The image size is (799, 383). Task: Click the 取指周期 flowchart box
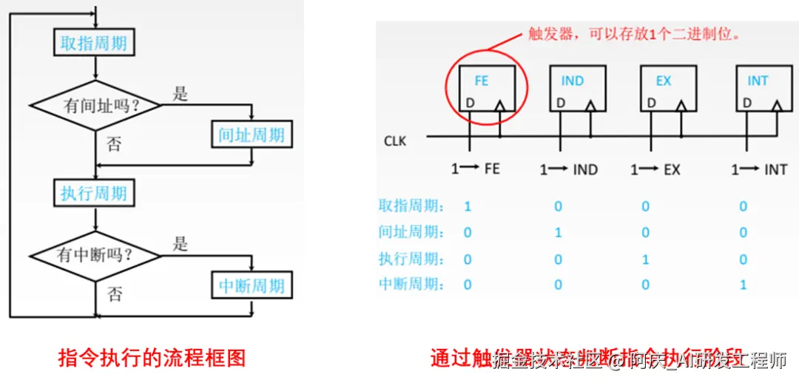94,43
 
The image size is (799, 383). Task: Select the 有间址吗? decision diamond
97,106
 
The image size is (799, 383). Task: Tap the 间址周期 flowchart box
252,135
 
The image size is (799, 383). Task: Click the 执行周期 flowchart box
94,194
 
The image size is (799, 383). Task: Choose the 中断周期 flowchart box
252,285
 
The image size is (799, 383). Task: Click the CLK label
395,140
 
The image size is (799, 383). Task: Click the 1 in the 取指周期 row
468,206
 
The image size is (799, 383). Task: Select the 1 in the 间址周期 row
559,233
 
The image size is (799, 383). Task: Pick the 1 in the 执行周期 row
646,260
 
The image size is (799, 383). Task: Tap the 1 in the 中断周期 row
744,285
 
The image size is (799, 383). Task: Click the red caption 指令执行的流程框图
152,359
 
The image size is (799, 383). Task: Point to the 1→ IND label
568,169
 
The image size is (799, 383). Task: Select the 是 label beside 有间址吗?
181,94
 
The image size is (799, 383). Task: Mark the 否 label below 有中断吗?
114,294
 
